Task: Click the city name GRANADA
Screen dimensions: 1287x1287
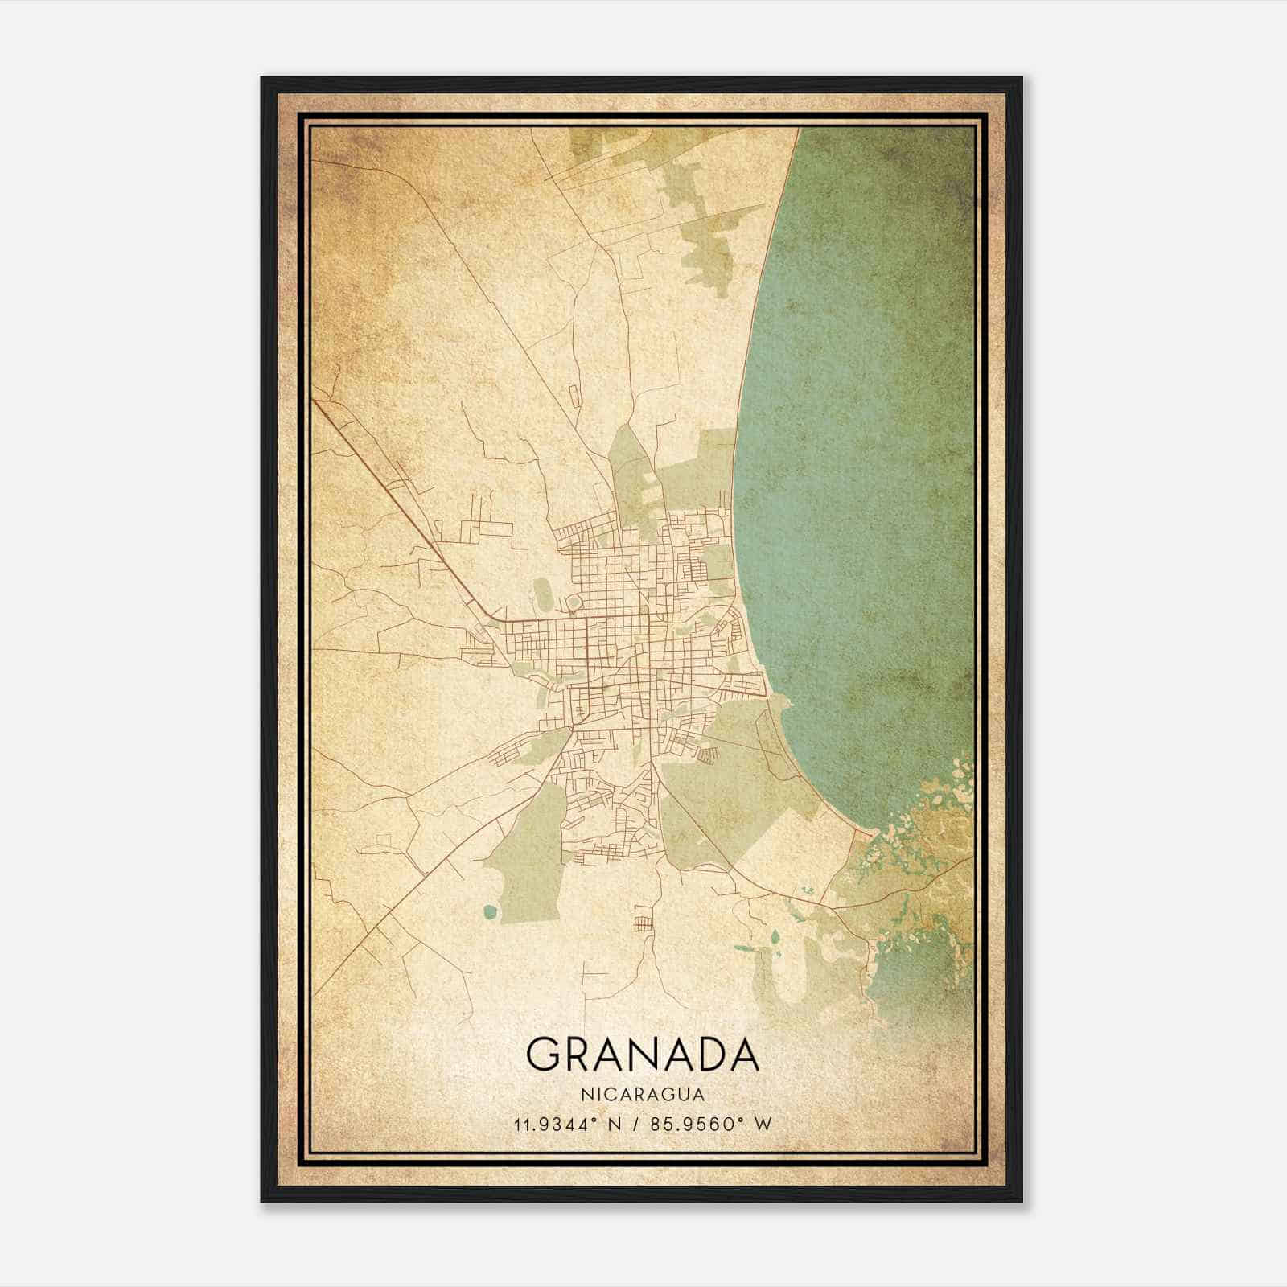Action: coord(642,1055)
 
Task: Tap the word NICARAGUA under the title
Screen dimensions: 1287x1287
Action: coord(642,1095)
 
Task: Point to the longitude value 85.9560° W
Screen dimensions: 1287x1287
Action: coord(711,1124)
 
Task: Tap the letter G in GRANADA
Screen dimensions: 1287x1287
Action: coord(544,1055)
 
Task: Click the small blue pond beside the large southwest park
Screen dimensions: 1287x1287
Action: coord(490,912)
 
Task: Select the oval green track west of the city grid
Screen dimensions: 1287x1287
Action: coord(543,593)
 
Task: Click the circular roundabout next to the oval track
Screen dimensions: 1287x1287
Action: coord(574,602)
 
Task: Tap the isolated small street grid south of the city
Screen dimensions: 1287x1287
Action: coord(644,923)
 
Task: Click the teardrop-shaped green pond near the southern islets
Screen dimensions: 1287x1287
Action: coord(775,938)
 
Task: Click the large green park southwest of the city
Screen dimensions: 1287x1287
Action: coord(535,853)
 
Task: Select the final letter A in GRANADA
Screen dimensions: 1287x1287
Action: coord(742,1055)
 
